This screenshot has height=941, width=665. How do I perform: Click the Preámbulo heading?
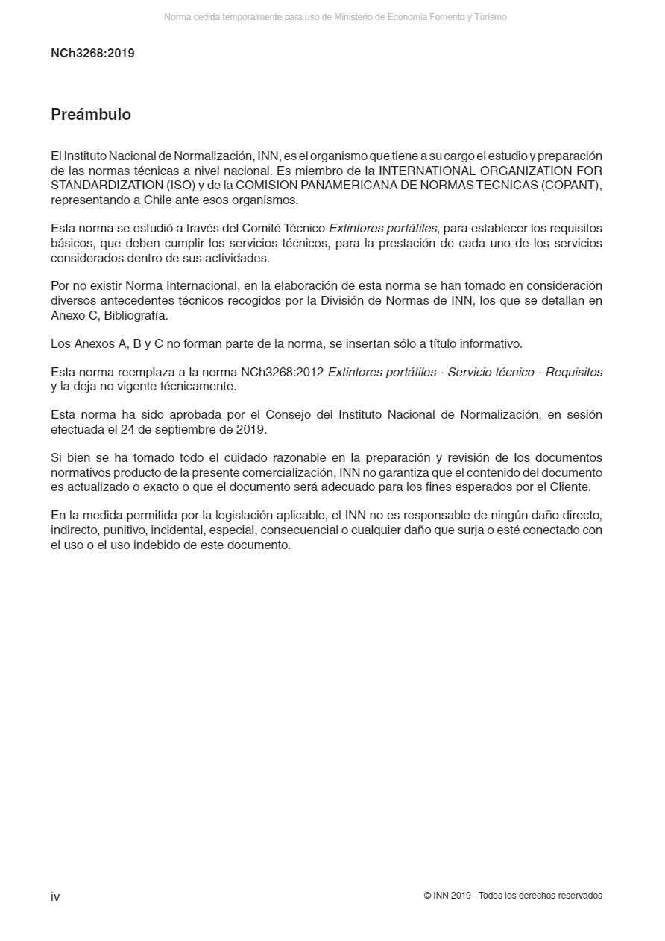(x=91, y=115)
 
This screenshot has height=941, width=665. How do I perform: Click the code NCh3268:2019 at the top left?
(x=92, y=54)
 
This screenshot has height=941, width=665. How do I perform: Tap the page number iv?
(x=55, y=896)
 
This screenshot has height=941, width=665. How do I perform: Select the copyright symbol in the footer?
(x=427, y=896)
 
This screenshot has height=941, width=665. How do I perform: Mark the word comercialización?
(x=289, y=473)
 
